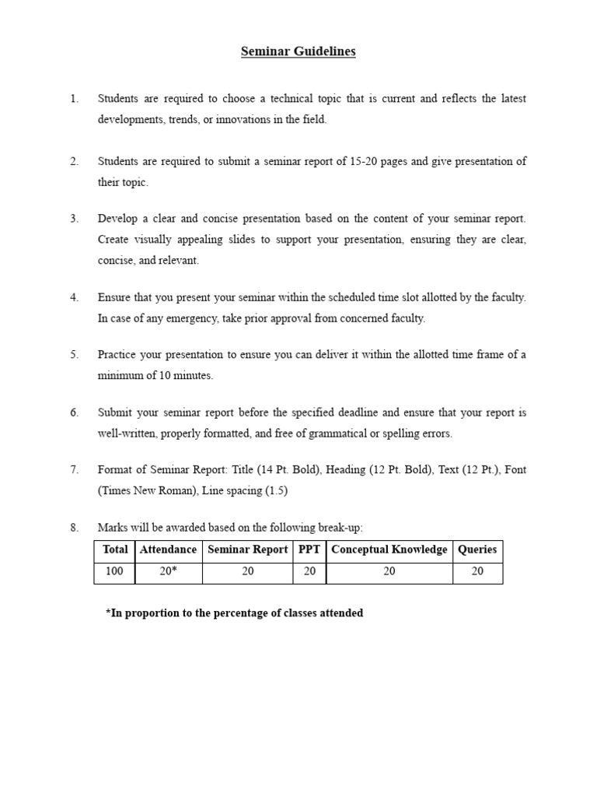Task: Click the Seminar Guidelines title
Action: coord(298,51)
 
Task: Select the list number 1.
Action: coord(74,99)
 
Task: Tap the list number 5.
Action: coord(74,355)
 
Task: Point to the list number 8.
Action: coord(74,528)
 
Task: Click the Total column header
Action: coord(115,549)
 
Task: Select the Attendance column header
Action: coord(168,549)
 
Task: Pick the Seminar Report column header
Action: coord(247,549)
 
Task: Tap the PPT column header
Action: coord(309,549)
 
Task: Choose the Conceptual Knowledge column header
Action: coord(389,549)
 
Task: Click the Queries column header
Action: coord(477,549)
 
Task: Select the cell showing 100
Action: coord(115,572)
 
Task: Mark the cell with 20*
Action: coord(168,572)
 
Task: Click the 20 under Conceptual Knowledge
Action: coord(389,572)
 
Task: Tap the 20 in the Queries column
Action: coord(477,572)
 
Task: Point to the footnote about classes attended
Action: coord(234,613)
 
